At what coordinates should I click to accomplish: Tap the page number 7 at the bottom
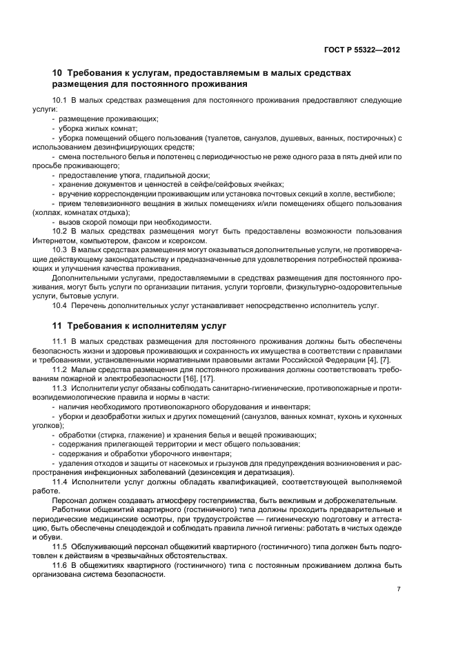pos(399,589)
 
